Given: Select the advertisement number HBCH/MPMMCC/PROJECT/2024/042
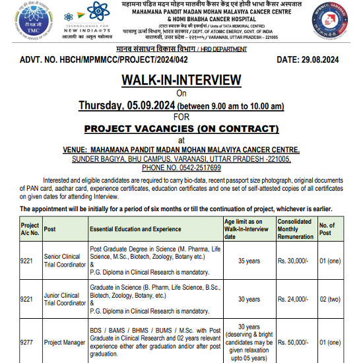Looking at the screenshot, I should click(122, 60).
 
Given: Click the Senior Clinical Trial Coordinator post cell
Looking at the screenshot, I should click(64, 261).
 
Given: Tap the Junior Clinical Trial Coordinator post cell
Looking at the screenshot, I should click(64, 298).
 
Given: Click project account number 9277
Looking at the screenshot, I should click(27, 343).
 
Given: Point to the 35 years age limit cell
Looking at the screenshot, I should click(248, 261).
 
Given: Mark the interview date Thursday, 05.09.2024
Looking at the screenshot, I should click(124, 106).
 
